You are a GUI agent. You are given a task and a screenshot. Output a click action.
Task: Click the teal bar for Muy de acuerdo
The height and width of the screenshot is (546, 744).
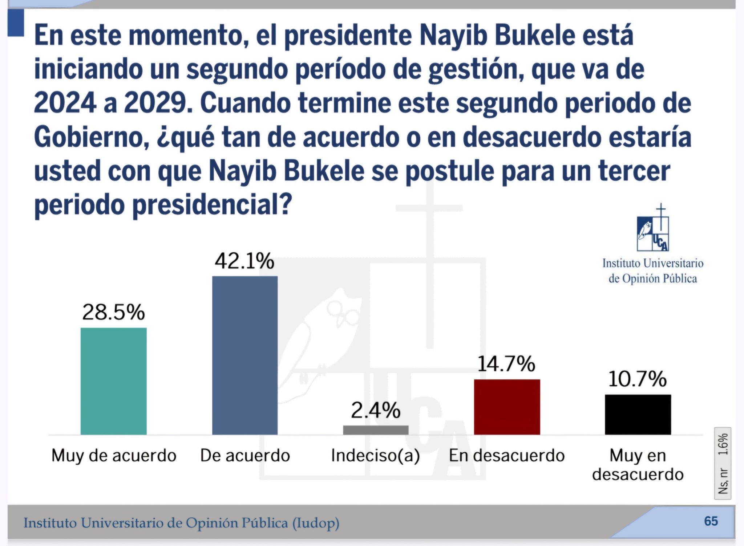click(113, 381)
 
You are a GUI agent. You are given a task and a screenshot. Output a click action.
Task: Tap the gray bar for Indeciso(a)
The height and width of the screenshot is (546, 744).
click(376, 430)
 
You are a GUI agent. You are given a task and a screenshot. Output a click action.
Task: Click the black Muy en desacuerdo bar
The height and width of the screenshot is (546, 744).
click(638, 414)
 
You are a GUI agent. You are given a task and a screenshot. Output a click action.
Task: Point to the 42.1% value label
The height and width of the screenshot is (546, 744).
click(244, 261)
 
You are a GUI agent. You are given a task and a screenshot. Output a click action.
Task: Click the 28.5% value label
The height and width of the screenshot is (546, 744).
click(113, 312)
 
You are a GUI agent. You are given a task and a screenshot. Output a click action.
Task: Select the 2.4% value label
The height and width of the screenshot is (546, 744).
click(376, 410)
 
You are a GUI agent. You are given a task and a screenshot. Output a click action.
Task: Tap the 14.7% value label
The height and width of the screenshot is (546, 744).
click(506, 364)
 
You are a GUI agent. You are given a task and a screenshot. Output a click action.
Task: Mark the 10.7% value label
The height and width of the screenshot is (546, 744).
click(637, 379)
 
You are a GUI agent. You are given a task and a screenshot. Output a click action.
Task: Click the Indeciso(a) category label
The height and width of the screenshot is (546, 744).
click(375, 456)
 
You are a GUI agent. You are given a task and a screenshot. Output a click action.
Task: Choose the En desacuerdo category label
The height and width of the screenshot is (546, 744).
click(507, 456)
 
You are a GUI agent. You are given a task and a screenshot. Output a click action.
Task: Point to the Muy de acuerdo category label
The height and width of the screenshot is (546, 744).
click(114, 456)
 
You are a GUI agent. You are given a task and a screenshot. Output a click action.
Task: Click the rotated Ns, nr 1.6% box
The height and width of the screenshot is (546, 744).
click(723, 464)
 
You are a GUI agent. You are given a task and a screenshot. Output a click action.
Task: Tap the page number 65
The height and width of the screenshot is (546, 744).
click(711, 521)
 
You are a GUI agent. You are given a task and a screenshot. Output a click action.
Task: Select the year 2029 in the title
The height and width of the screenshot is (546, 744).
click(158, 103)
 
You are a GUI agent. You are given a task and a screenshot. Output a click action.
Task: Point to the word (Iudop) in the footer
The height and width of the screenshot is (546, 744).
click(316, 523)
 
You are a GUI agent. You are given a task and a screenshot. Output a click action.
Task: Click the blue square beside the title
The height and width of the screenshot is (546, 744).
click(16, 23)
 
